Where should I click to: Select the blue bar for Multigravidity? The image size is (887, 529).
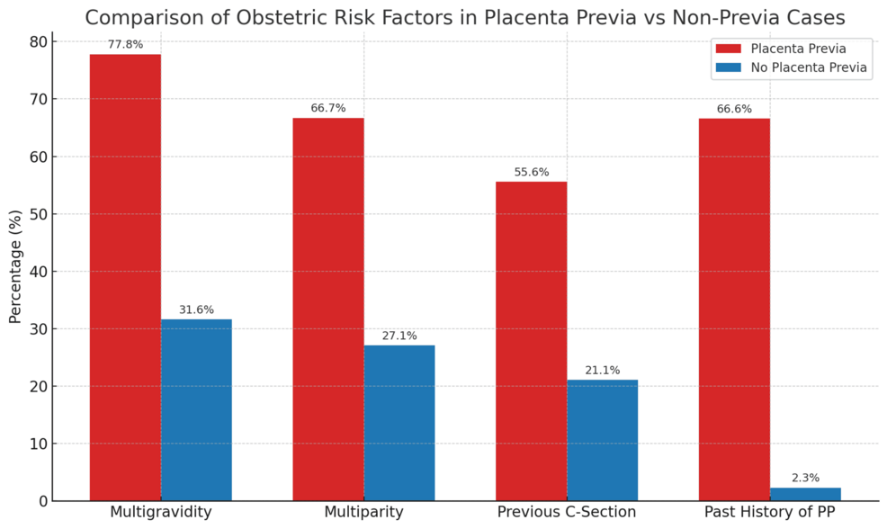coord(196,410)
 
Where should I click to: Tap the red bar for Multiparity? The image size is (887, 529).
coord(328,309)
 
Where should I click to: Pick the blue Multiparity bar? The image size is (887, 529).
coord(399,423)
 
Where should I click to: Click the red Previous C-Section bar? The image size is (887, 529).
coord(531,341)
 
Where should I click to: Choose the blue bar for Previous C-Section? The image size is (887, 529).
coord(602,440)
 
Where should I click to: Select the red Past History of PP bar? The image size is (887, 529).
coord(734,309)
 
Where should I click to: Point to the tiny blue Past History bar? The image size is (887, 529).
coord(805,494)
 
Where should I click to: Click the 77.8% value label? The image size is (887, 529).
coord(125,44)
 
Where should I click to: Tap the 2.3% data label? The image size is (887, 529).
coord(805,478)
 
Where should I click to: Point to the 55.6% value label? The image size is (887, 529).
coord(531,172)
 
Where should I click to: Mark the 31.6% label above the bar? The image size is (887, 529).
coord(196,309)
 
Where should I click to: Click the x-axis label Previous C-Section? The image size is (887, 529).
coord(567,512)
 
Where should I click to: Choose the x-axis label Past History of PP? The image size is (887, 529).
coord(769,512)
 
